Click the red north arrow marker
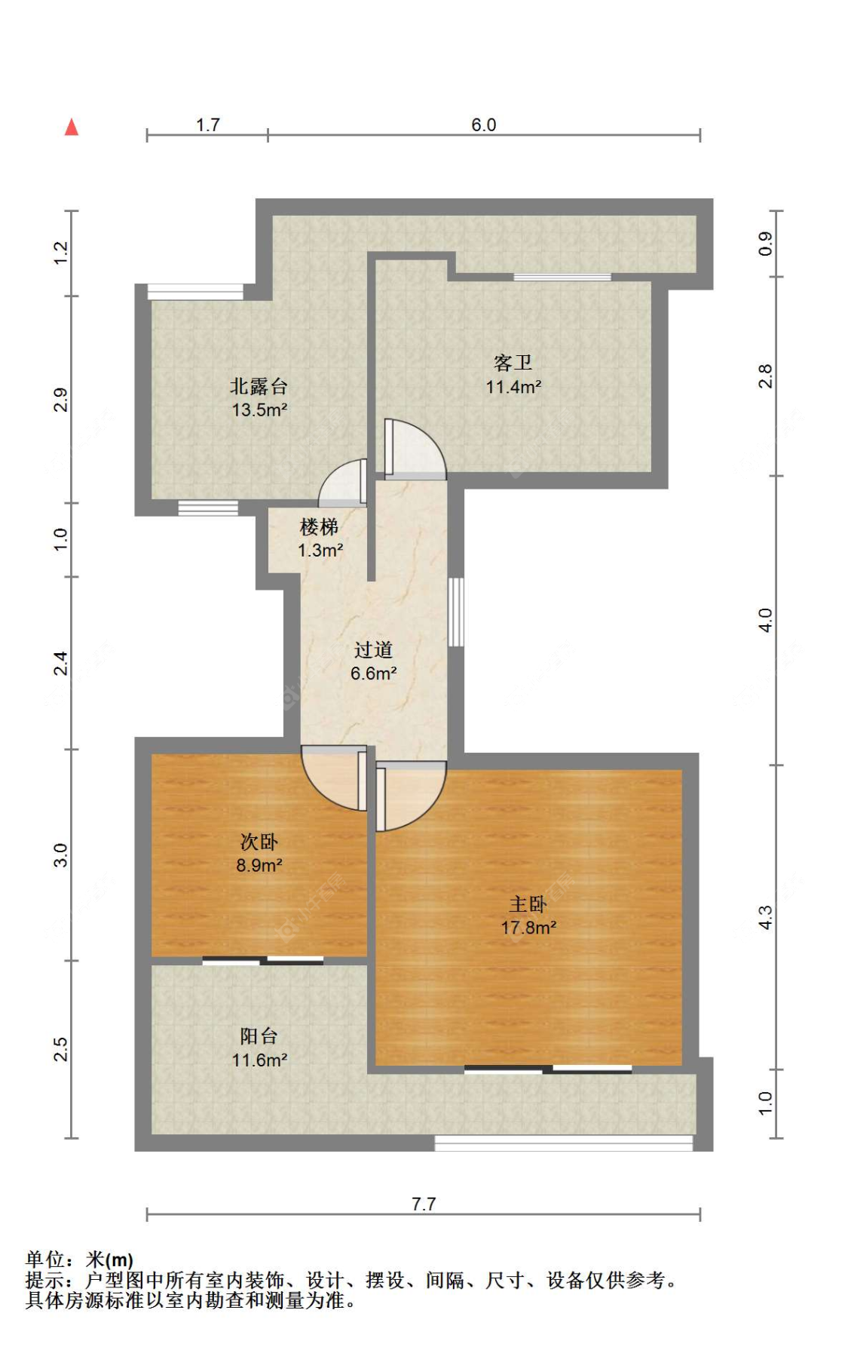[x=72, y=127]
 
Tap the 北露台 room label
[x=259, y=387]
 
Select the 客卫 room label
[x=513, y=363]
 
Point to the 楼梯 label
[x=319, y=526]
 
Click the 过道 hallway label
[x=373, y=649]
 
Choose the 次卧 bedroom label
[x=259, y=842]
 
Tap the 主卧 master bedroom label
[x=528, y=904]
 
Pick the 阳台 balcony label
[x=259, y=1036]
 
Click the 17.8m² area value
[x=528, y=928]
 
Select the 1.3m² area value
[x=320, y=551]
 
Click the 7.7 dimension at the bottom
[x=424, y=1204]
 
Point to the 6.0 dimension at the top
[x=484, y=124]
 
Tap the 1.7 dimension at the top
[x=208, y=124]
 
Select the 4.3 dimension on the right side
[x=765, y=917]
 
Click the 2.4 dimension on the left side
[x=61, y=663]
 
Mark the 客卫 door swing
[x=415, y=449]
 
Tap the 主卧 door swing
[x=411, y=796]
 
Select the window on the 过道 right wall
[x=456, y=612]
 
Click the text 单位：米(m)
[x=79, y=1259]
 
